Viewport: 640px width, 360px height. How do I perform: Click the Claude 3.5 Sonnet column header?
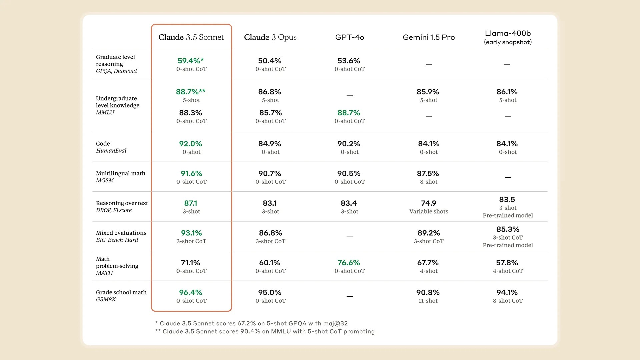point(191,37)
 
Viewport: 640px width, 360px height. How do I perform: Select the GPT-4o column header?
point(349,37)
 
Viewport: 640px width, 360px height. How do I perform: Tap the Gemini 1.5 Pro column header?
point(429,37)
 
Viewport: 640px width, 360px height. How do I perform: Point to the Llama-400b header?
point(508,37)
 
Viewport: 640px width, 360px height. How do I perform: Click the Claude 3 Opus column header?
point(270,37)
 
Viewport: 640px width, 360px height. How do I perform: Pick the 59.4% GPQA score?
point(190,61)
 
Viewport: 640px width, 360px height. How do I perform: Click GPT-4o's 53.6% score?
point(349,61)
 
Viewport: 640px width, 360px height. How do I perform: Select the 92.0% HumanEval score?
point(191,144)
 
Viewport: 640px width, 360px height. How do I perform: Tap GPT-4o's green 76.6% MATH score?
point(349,263)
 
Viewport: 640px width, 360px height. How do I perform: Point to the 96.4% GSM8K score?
point(191,293)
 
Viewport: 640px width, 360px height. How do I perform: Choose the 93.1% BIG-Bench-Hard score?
point(191,233)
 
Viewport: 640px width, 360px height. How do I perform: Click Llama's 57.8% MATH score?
point(507,263)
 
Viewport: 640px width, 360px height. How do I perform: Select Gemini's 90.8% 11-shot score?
point(428,293)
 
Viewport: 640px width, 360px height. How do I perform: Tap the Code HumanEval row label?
point(111,147)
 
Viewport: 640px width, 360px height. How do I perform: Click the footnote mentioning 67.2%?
point(251,323)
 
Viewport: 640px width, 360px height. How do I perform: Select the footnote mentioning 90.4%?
point(265,331)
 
